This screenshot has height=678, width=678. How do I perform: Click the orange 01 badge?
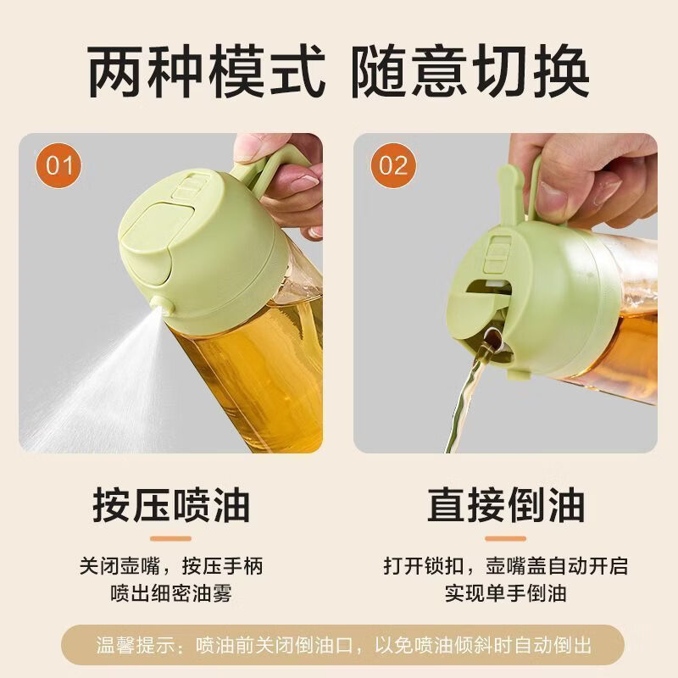coord(60,164)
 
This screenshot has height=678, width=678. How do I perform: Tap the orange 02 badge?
coord(392,164)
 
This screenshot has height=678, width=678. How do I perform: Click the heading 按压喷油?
coord(171,506)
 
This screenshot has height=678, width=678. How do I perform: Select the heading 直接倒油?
coord(506,506)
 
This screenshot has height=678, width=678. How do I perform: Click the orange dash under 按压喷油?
coord(170,537)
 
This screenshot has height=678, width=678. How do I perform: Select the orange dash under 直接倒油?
coord(506,537)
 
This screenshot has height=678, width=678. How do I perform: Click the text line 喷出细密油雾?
coord(170,592)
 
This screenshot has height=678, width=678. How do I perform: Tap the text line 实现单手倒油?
coord(506,592)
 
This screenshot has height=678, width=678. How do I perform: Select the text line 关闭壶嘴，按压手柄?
coord(170,565)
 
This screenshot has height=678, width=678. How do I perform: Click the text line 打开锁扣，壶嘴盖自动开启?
coord(506,565)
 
